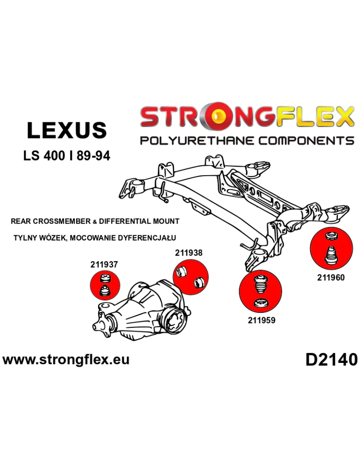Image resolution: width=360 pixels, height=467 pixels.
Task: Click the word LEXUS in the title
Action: click(67, 130)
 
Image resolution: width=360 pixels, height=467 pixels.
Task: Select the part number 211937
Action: click(104, 264)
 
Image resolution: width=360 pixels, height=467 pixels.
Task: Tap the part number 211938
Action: click(189, 253)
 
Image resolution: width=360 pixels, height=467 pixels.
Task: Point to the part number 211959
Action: click(261, 320)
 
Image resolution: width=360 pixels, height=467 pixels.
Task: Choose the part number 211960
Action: click(331, 277)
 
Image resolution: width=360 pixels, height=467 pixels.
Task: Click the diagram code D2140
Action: click(331, 360)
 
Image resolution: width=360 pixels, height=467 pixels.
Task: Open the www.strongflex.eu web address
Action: click(66, 360)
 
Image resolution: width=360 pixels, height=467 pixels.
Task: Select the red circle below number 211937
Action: click(105, 286)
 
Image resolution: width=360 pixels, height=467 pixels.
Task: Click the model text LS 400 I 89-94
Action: click(67, 156)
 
